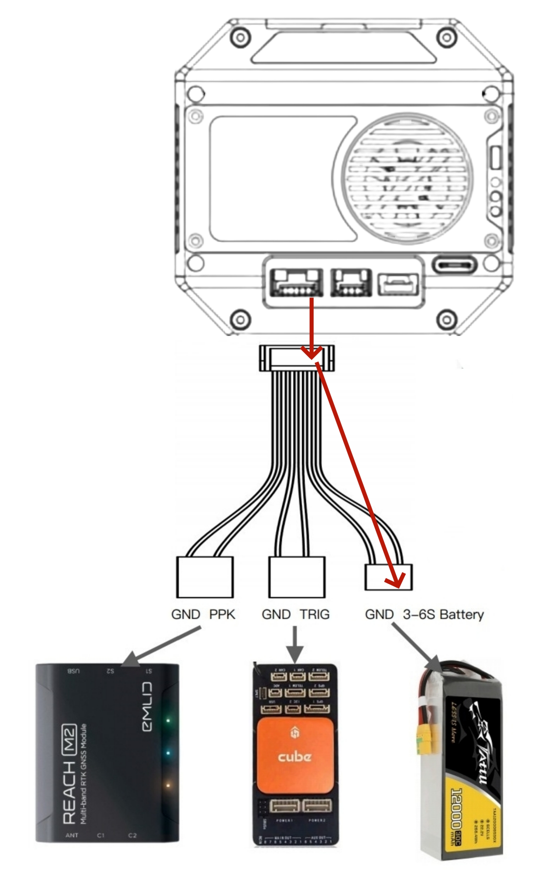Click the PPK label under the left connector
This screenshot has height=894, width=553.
222,615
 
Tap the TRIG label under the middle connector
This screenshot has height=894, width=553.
314,615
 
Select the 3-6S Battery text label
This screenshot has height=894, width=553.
443,615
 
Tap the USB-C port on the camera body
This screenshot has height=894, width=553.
455,265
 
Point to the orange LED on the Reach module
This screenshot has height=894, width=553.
168,786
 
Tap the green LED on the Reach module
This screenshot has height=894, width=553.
168,720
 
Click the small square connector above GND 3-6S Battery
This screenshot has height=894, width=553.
389,577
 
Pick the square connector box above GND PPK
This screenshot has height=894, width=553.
205,577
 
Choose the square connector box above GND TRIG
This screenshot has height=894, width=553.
297,577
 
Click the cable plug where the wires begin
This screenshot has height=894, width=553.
297,358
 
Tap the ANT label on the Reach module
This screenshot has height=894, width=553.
72,835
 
